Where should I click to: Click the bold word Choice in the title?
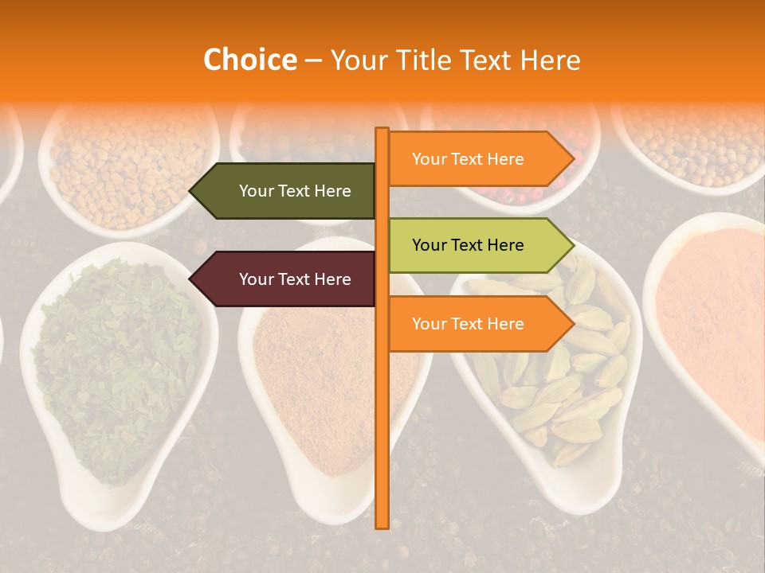(249, 60)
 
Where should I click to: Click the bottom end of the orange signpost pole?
(382, 525)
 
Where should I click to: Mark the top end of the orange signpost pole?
(382, 131)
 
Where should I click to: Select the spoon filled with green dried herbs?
(116, 374)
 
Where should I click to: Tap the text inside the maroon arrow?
(295, 279)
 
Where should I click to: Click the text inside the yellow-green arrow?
(468, 245)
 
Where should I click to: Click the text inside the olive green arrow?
(295, 191)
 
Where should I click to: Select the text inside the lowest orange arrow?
(468, 324)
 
